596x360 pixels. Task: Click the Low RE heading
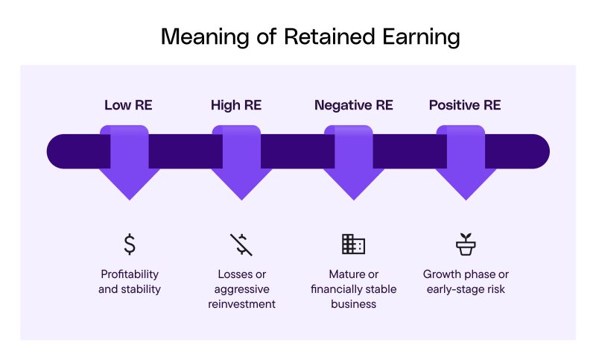click(x=128, y=105)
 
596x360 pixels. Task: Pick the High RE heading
click(x=236, y=105)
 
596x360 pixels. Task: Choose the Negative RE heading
click(x=353, y=105)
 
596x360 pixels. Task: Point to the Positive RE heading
click(x=465, y=105)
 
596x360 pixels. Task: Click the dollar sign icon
click(x=130, y=244)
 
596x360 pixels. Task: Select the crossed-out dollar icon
click(x=241, y=244)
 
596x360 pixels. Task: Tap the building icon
click(x=353, y=244)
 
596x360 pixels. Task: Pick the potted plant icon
click(x=466, y=244)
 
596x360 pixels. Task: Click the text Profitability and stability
click(x=130, y=282)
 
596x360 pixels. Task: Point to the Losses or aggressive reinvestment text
click(x=241, y=289)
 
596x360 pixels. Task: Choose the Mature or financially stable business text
click(x=353, y=289)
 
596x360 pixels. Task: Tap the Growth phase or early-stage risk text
click(x=465, y=282)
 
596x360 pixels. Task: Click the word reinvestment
click(x=241, y=304)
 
